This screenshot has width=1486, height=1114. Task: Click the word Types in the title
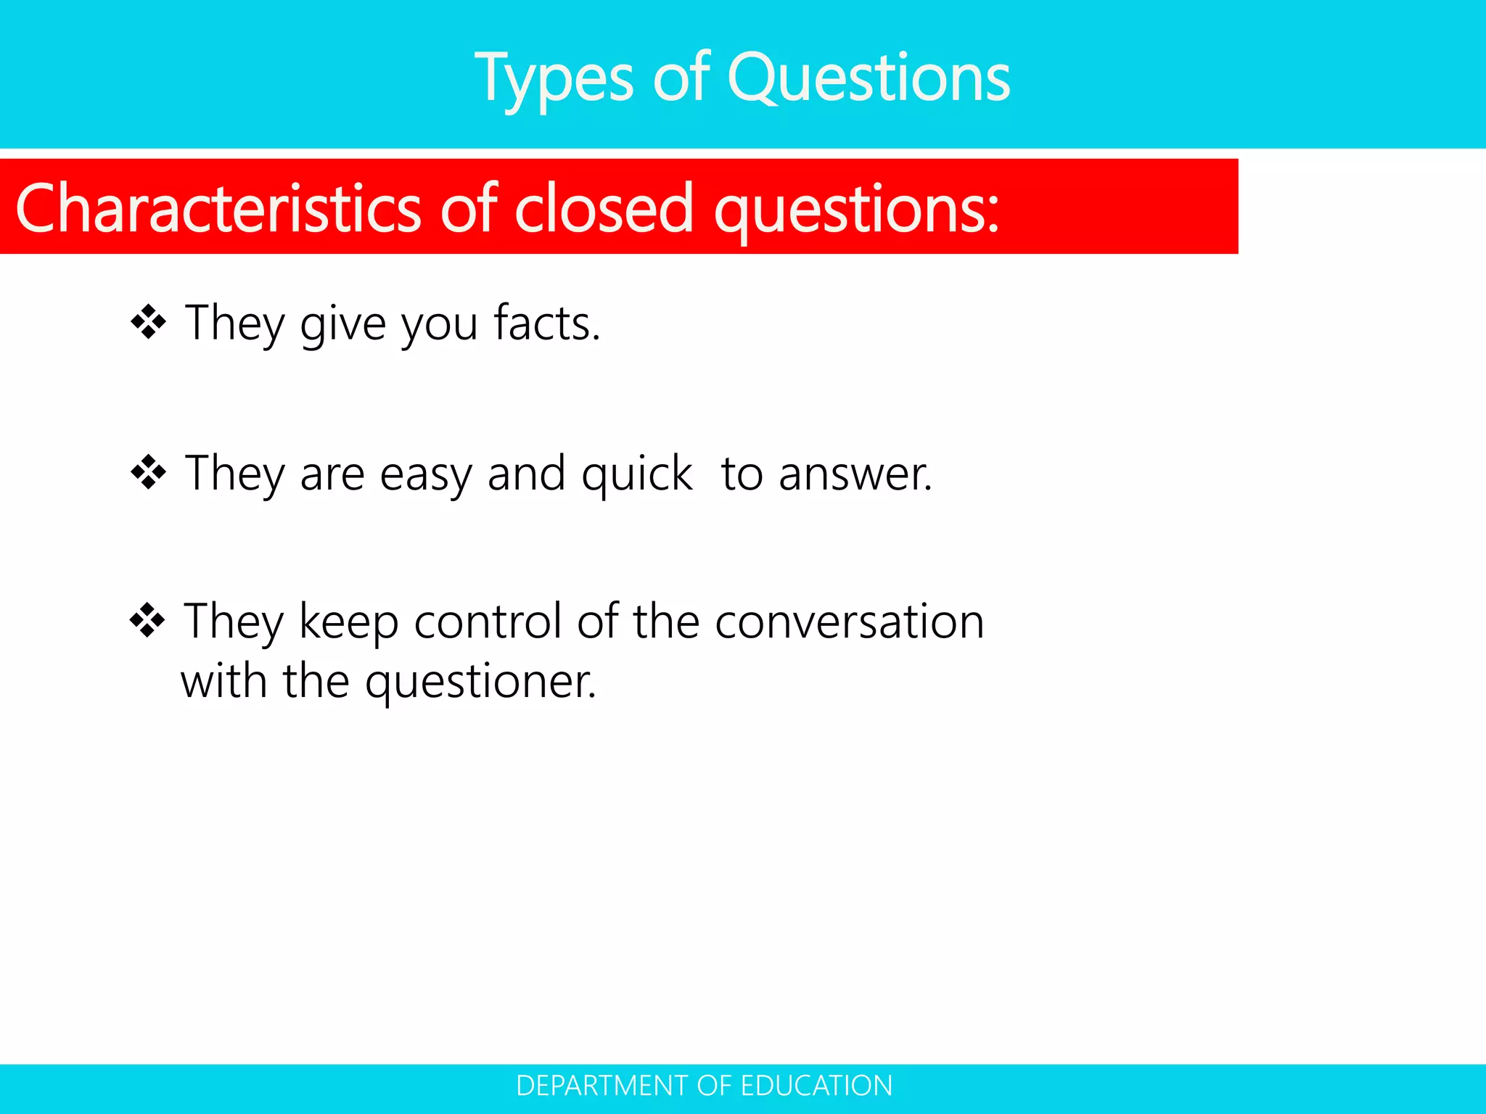pos(554,78)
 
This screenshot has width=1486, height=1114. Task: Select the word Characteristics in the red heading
pos(218,209)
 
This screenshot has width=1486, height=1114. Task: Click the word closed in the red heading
pos(604,209)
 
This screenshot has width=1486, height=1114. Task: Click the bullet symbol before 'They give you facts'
pos(149,322)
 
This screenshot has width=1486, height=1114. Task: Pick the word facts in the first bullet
pos(546,323)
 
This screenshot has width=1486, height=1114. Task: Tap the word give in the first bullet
pos(343,324)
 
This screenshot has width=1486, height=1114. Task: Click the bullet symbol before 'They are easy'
pos(149,473)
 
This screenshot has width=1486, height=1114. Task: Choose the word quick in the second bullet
pos(636,475)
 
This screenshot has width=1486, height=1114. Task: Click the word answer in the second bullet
pos(855,475)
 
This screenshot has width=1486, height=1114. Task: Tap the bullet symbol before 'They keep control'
pos(148,622)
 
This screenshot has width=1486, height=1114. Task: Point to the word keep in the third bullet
pos(348,623)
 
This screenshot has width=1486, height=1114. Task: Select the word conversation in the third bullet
pos(849,622)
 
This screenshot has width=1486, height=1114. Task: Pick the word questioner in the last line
pos(480,682)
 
